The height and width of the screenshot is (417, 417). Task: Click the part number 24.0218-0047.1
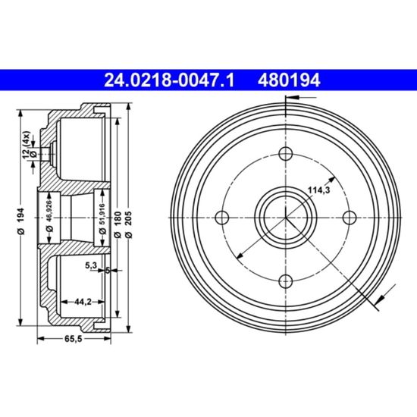(169, 80)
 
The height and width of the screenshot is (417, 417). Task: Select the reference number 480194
(289, 80)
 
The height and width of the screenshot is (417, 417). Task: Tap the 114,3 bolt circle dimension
(319, 190)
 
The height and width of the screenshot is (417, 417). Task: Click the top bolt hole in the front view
(286, 153)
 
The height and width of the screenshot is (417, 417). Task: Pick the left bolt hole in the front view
(222, 218)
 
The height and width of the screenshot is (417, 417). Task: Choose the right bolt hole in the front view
(350, 218)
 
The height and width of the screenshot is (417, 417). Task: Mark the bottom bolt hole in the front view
(286, 281)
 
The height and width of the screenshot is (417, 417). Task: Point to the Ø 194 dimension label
(21, 221)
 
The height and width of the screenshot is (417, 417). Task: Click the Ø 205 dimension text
(128, 224)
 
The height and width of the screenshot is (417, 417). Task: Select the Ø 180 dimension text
(118, 224)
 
